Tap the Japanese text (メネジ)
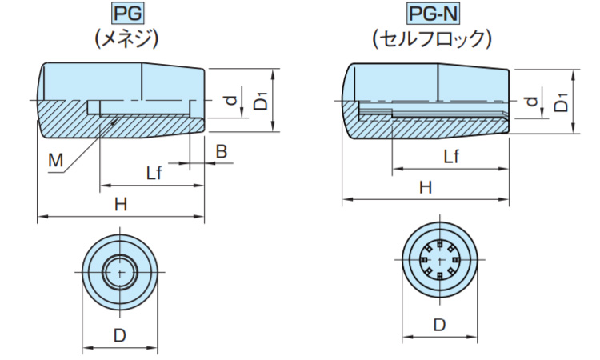(122, 38)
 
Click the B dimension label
(222, 150)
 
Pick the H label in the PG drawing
(120, 204)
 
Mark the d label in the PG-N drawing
(532, 101)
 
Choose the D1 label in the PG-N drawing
(562, 102)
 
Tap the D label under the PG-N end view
(438, 326)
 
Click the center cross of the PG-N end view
(438, 261)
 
